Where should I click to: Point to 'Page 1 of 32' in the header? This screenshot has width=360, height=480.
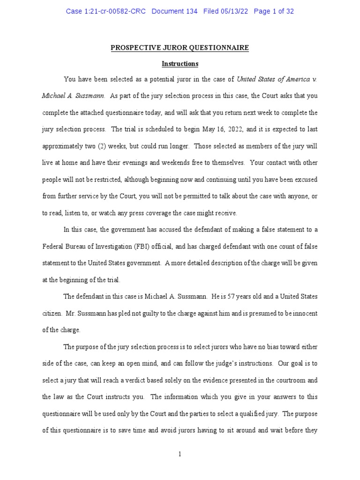click(x=274, y=11)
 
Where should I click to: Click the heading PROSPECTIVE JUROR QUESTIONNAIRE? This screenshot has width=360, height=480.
click(x=180, y=48)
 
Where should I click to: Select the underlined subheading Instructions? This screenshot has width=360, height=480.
click(x=180, y=64)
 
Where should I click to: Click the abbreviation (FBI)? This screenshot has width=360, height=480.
click(x=141, y=247)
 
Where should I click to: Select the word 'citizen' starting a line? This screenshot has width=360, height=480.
click(x=52, y=313)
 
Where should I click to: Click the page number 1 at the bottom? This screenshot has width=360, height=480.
click(x=180, y=454)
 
